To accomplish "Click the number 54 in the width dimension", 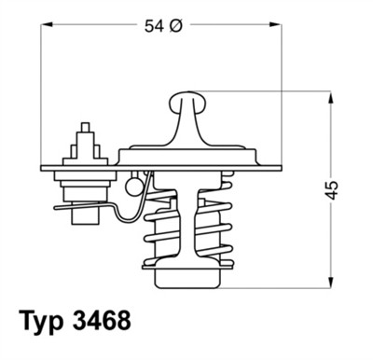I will (154, 27).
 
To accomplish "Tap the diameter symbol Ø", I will (174, 27).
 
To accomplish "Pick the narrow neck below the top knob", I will (186, 121).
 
